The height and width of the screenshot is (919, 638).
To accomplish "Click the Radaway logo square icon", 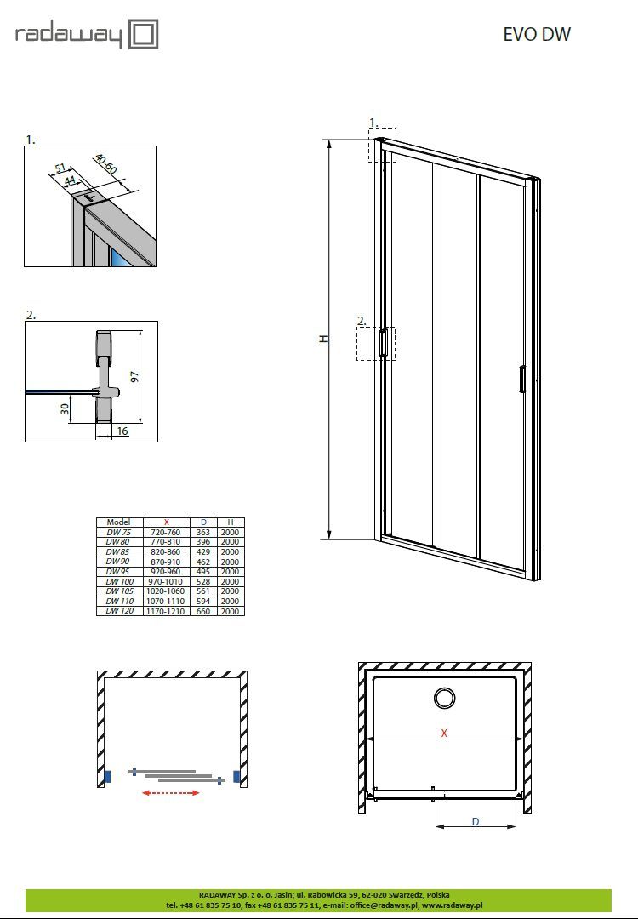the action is (143, 35).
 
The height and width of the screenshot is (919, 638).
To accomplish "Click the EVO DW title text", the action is (537, 35).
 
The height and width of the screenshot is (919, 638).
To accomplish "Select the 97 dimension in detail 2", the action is (135, 377).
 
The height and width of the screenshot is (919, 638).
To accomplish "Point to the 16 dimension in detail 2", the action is (122, 431).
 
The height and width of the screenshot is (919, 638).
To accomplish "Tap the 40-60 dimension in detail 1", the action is (106, 165).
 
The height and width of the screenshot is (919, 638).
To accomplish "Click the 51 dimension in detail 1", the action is (60, 169).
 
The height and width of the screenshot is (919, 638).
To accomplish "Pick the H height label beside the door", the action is (323, 339).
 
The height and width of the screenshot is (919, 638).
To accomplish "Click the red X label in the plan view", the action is (444, 733).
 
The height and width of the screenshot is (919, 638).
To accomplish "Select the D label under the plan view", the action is (476, 822).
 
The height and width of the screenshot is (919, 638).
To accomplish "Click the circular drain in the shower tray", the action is (445, 698).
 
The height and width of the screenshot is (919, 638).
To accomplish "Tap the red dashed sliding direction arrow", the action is (171, 793).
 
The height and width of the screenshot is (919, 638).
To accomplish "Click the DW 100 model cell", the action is (119, 581).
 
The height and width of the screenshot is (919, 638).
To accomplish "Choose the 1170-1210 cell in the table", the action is (166, 611).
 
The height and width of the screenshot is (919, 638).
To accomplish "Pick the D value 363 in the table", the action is (202, 532).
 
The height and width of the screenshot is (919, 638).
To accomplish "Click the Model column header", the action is (118, 522).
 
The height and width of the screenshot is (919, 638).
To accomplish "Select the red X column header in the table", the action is (167, 522).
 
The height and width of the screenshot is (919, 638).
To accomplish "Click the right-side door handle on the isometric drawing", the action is (521, 379).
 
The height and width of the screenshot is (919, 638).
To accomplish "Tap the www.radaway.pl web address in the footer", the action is (453, 905).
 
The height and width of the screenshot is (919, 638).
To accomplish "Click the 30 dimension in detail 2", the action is (65, 408).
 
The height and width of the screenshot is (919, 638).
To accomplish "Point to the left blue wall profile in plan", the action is (107, 777).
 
